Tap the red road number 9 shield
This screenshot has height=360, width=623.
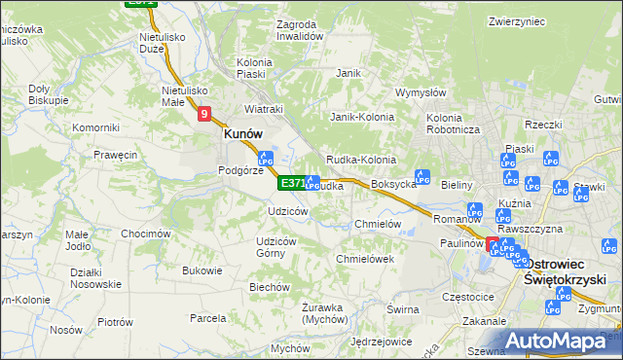coord(204,115)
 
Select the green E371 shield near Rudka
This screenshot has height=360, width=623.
coord(292,183)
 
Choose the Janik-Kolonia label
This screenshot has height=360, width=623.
coord(361,117)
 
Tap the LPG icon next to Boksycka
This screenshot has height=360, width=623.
coord(422,177)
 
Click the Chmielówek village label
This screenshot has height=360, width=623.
coord(364,259)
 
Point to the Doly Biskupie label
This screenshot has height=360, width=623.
coord(48,93)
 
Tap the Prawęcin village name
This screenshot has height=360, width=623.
coord(115,155)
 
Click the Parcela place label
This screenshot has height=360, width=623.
coord(207,318)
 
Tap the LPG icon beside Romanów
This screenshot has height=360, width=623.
coord(475,210)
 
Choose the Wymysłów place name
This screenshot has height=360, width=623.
coord(421,93)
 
